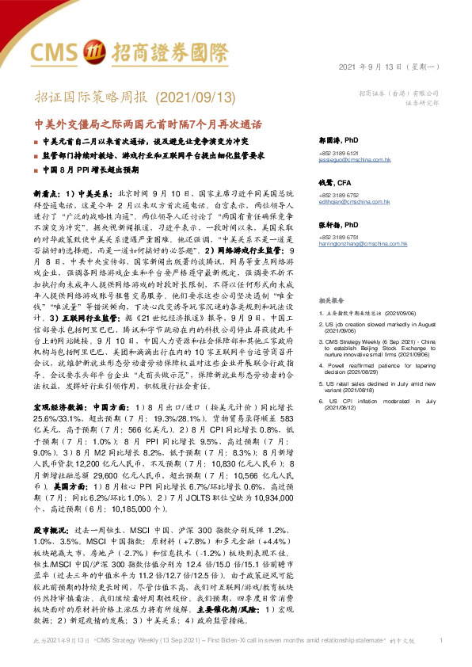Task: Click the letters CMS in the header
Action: point(55,51)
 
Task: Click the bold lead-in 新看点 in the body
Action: point(47,192)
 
